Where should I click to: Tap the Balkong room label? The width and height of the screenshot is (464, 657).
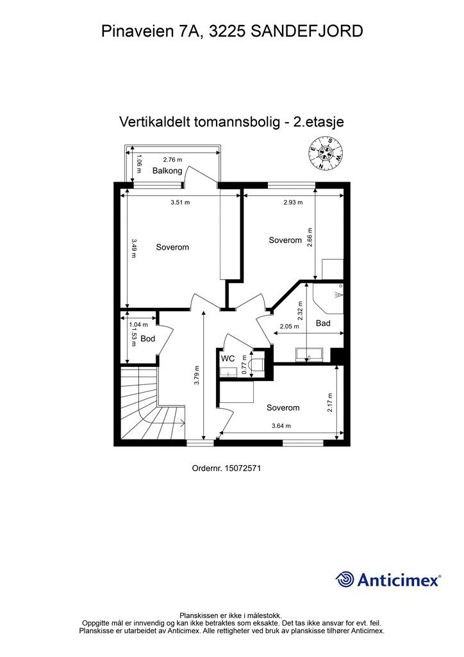click(167, 171)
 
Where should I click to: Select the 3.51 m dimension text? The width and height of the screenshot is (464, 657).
click(180, 202)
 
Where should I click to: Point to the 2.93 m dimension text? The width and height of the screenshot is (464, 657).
click(293, 202)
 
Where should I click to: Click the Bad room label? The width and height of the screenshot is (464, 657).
click(323, 323)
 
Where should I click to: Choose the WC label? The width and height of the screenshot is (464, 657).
click(228, 358)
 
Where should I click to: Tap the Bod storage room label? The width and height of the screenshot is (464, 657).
click(147, 339)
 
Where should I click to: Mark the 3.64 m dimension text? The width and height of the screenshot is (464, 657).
click(281, 425)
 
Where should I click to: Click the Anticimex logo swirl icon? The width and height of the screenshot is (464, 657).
click(345, 579)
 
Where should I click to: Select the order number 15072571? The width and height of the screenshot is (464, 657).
click(242, 469)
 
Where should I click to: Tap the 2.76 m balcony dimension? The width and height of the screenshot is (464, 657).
click(172, 160)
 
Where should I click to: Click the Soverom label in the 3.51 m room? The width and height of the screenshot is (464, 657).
click(172, 247)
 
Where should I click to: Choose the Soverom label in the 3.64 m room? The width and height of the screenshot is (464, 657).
click(283, 407)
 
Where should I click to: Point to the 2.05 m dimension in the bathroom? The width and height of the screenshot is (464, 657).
click(289, 327)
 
